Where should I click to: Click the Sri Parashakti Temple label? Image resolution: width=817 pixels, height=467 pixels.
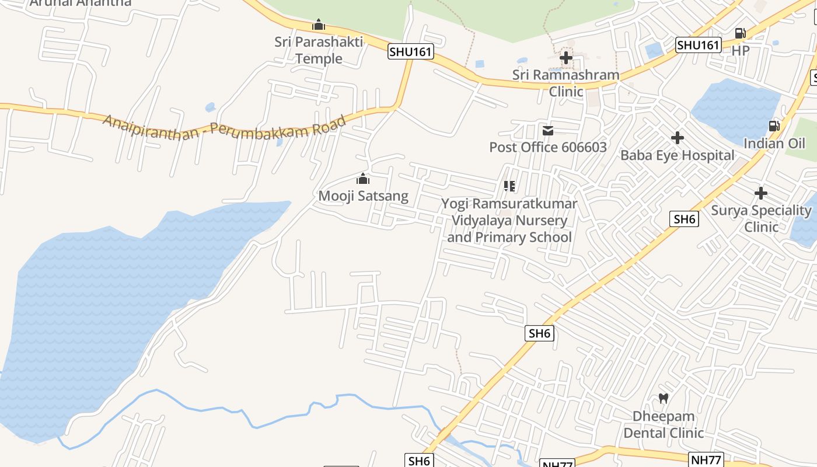point(319,50)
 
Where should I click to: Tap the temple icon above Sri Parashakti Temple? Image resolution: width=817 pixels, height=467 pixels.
point(319,25)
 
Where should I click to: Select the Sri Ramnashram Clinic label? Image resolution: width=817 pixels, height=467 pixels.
point(565,83)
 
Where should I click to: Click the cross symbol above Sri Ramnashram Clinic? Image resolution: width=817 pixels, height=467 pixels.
point(565,58)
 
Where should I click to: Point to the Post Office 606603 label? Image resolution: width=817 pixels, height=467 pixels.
point(548,147)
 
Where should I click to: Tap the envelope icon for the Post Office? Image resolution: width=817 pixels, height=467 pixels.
point(548,131)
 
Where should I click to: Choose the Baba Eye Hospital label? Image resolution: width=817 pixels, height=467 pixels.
point(677,155)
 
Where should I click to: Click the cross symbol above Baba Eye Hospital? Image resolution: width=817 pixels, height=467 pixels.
point(677,138)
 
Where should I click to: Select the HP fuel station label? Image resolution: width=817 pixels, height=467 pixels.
point(741,50)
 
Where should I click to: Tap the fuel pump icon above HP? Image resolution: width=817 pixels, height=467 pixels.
point(741,33)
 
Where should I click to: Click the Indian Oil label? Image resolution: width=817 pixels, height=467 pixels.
point(774,144)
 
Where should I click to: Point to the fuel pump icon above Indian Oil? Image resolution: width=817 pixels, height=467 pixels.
point(774,126)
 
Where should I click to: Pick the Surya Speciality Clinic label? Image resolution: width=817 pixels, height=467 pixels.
point(761,218)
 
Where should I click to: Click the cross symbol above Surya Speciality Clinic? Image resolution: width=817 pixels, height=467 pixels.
point(761,193)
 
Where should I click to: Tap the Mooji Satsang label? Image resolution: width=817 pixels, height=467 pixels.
point(363,196)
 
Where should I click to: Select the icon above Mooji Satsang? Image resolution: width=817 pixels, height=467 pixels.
point(363,179)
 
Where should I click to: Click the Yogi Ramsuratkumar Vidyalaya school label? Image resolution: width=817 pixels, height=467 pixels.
point(509,221)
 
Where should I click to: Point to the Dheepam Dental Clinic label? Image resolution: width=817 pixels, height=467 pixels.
point(664,424)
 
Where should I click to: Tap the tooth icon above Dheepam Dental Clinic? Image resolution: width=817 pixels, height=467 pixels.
point(664,399)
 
